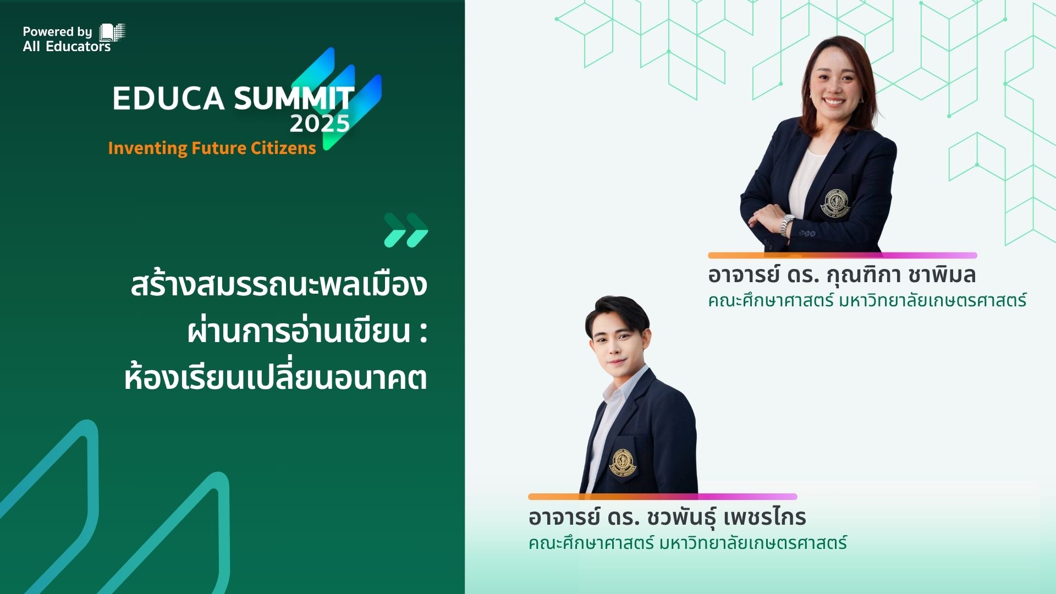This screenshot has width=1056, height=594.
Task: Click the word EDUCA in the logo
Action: coord(168,99)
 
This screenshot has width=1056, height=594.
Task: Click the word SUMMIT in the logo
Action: coord(294,99)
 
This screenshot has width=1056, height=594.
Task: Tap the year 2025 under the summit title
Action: coord(320,124)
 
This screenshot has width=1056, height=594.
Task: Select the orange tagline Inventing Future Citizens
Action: coord(212,148)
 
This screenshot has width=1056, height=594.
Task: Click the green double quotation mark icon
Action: coord(406,230)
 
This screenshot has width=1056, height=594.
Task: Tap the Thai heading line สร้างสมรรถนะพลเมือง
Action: coord(279,285)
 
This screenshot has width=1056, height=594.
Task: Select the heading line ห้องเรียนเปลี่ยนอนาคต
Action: coord(276,378)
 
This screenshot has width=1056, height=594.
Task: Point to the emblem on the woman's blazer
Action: coord(834,204)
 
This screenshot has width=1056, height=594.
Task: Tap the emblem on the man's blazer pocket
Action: coord(622,462)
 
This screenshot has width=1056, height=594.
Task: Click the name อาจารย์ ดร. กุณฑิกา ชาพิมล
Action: coord(842,274)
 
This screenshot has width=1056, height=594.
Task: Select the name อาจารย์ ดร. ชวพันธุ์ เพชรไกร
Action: coord(667,517)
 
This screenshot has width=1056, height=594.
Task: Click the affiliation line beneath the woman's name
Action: coord(867,301)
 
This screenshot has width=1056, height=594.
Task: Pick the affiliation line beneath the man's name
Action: coord(687,543)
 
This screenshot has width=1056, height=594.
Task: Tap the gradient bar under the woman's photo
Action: coord(842,255)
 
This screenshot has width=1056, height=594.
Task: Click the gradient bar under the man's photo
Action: coord(662,497)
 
